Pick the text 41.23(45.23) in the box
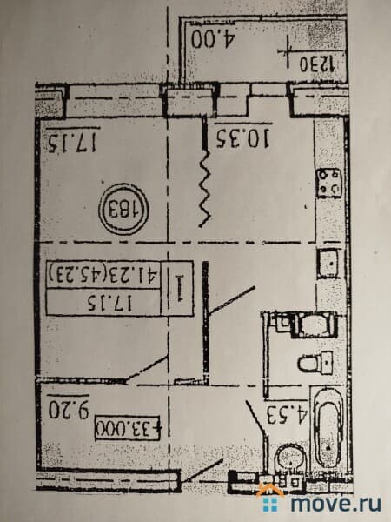pyautogui.click(x=101, y=276)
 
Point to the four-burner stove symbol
pyautogui.click(x=330, y=184)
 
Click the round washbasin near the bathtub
pyautogui.click(x=288, y=460)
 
